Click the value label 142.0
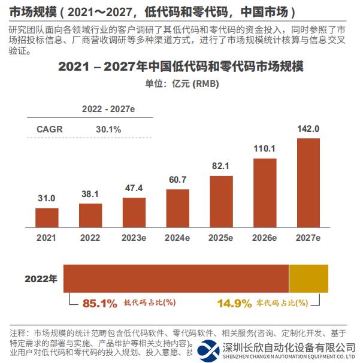click(309, 129)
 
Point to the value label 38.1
click(90, 193)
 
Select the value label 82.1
click(222, 166)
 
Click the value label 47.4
click(134, 187)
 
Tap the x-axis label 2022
click(90, 238)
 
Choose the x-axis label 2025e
click(222, 238)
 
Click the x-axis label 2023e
click(134, 238)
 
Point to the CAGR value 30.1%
click(108, 129)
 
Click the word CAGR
click(50, 129)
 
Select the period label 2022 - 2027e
click(108, 109)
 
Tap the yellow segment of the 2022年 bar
click(308, 279)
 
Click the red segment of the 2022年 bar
click(176, 279)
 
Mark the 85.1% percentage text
click(99, 304)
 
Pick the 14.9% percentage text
click(234, 304)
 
